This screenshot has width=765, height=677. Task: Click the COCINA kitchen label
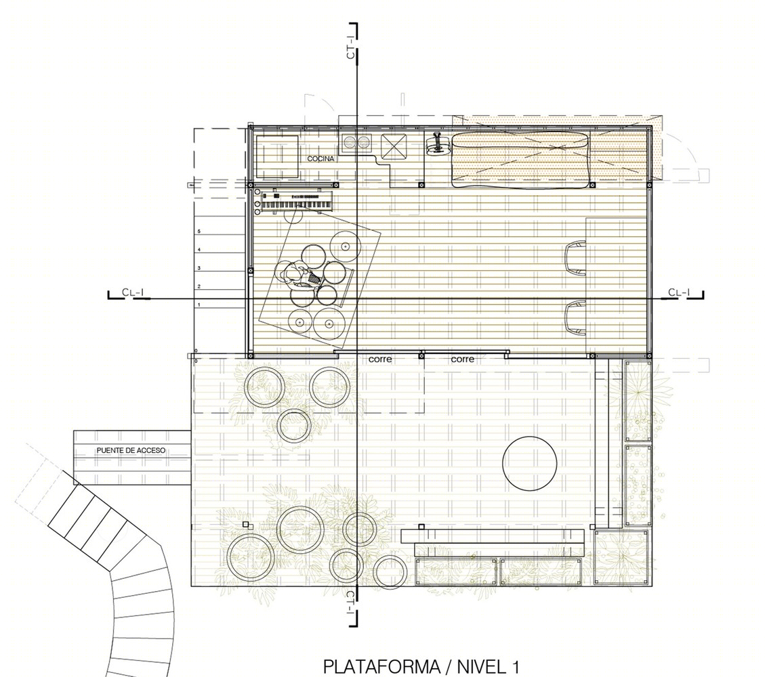tap(321, 159)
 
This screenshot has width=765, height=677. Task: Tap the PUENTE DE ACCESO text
tap(131, 450)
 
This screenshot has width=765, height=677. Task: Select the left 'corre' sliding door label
tap(380, 359)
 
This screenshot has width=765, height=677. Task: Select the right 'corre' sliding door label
tap(462, 359)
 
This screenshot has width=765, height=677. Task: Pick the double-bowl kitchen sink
tap(356, 142)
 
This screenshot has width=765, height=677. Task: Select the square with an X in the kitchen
tap(393, 146)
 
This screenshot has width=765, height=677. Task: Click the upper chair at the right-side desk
tap(576, 257)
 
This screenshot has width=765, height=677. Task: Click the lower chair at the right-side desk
tap(576, 318)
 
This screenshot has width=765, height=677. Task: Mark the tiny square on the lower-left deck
tap(246, 525)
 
